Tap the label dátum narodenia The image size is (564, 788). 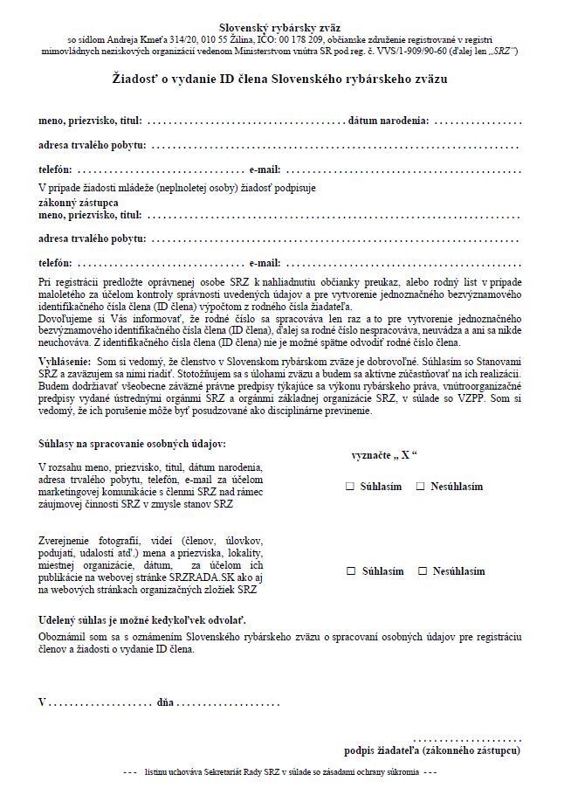[389, 120]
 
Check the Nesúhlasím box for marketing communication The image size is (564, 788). [421, 486]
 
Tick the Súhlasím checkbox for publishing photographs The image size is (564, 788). [351, 570]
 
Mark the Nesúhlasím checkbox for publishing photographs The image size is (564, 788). [423, 570]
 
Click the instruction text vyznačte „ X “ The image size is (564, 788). [383, 456]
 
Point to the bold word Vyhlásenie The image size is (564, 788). [65, 361]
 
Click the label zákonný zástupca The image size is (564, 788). [79, 202]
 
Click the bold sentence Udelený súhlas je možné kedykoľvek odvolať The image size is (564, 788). [142, 619]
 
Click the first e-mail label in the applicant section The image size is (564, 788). [265, 169]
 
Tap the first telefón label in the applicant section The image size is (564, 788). [55, 169]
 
